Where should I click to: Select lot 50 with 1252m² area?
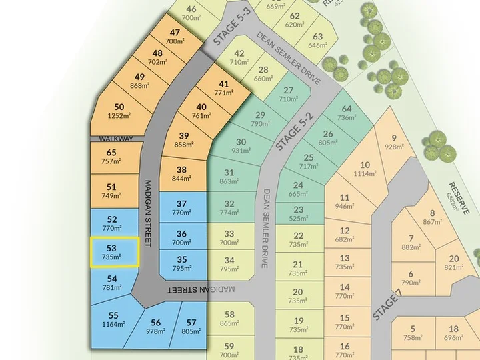[119, 111]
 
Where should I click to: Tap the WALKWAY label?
[112, 139]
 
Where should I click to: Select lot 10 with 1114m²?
[365, 169]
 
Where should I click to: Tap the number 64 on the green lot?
[347, 109]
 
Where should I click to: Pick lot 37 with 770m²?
[182, 209]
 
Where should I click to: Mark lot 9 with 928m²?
[394, 142]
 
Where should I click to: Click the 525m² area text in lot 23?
[298, 219]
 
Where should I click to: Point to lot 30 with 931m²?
[241, 146]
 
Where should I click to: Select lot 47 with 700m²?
[175, 37]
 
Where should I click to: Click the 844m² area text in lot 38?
[182, 179]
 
